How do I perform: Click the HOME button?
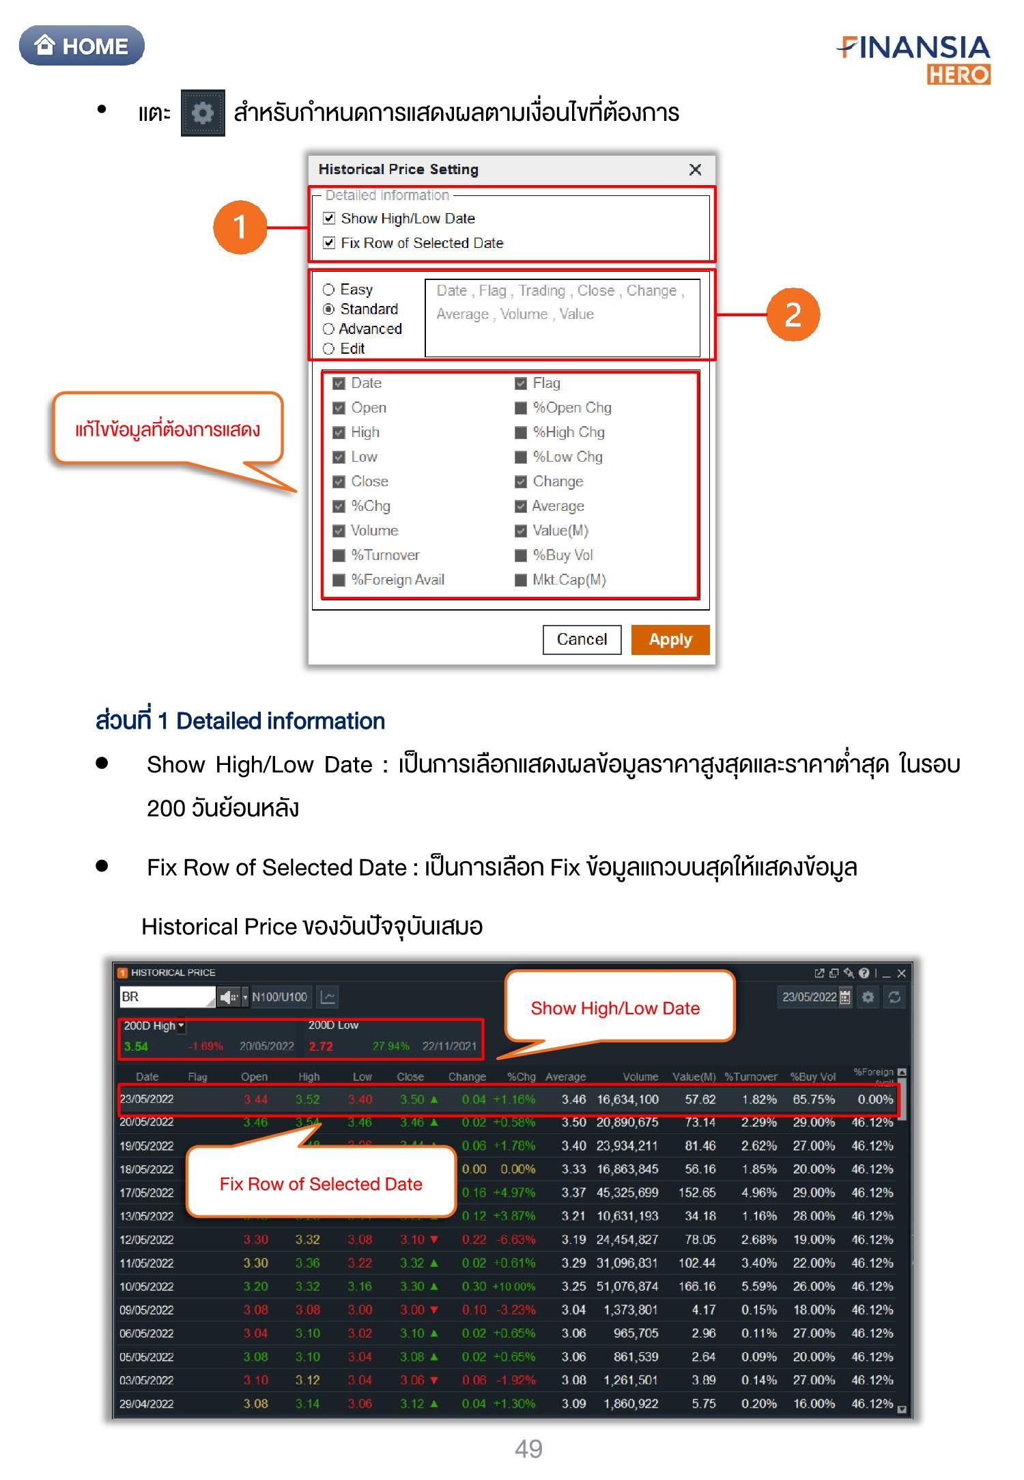[82, 46]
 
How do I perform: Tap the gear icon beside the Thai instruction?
[203, 113]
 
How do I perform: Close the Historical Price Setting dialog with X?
[695, 169]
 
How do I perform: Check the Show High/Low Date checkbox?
[329, 219]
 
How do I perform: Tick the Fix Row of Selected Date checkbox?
[329, 243]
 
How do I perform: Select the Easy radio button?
[328, 290]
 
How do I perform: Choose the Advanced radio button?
[328, 329]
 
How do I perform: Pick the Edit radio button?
[328, 349]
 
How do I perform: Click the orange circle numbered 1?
[240, 227]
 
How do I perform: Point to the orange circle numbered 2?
[793, 314]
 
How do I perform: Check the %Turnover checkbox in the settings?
[339, 555]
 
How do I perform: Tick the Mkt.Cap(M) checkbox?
[521, 580]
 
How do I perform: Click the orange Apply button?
[670, 639]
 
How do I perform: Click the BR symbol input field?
[167, 996]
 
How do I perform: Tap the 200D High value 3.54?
[136, 1046]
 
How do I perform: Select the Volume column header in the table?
[640, 1077]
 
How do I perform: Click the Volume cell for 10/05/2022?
[627, 1287]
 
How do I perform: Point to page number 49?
[528, 1448]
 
